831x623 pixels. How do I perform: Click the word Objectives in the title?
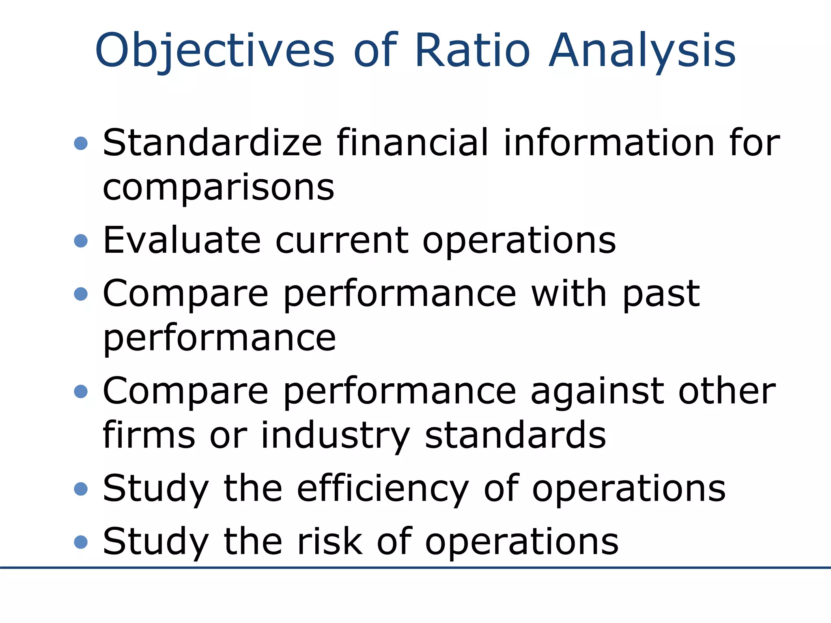tap(215, 51)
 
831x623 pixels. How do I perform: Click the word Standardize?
tap(212, 143)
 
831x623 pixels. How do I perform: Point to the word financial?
tap(412, 143)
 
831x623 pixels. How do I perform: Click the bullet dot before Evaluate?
tap(81, 241)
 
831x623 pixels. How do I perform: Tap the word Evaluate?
tap(181, 240)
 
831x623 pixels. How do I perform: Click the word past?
tap(661, 294)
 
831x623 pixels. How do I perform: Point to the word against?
tap(597, 391)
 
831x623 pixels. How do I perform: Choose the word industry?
tap(335, 436)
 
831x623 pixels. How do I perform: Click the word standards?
tap(515, 436)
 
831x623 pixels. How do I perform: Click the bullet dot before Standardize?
tap(81, 143)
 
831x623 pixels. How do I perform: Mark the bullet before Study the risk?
tap(81, 542)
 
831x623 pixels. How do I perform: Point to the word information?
tap(609, 143)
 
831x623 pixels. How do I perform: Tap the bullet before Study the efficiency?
tap(81, 489)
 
